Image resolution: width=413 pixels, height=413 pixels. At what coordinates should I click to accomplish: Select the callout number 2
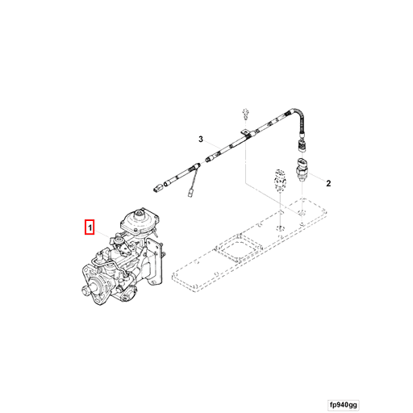329,184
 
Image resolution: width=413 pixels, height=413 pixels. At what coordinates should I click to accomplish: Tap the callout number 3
203,140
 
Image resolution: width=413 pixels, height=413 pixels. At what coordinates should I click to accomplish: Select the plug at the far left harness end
157,187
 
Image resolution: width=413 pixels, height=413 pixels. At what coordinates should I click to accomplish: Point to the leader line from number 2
319,181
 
